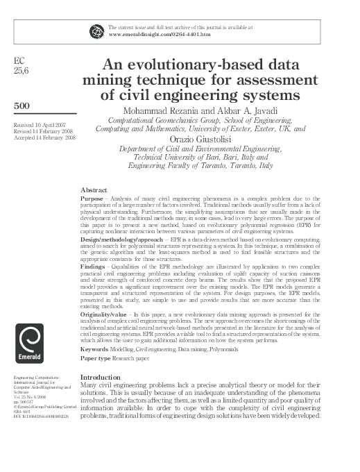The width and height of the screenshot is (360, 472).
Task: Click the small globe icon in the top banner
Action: pyautogui.click(x=96, y=29)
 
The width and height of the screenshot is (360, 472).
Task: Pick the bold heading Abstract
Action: pyautogui.click(x=94, y=189)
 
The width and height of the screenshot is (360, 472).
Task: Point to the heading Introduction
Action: pyautogui.click(x=101, y=378)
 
